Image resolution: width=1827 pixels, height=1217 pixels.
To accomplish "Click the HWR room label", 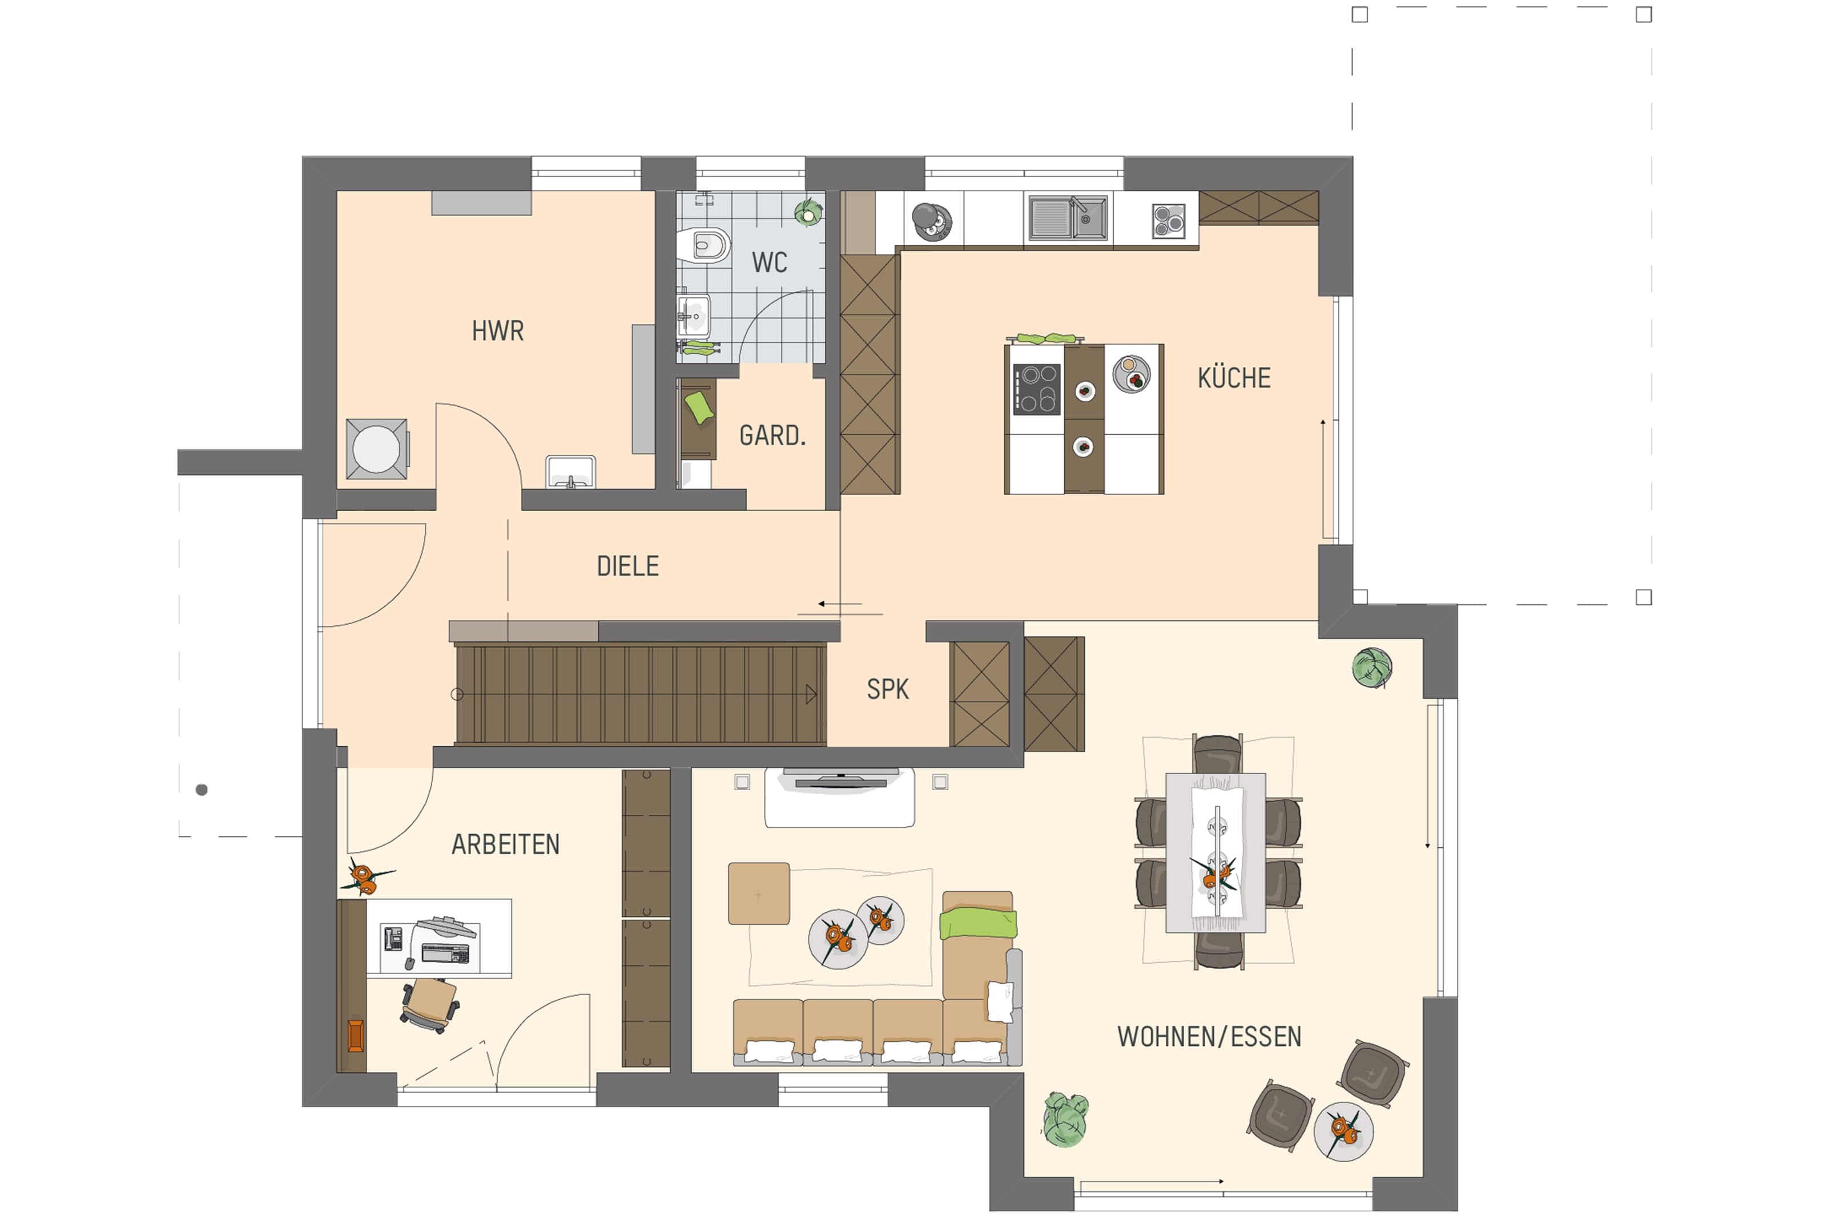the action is pyautogui.click(x=498, y=331).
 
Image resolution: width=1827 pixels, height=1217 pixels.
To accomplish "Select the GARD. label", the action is pyautogui.click(x=772, y=436).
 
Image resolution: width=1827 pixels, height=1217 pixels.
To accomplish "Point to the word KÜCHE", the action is pyautogui.click(x=1234, y=378).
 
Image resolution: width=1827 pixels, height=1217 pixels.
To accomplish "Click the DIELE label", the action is pyautogui.click(x=627, y=567).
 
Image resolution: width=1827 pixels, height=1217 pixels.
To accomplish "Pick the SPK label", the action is pyautogui.click(x=887, y=689).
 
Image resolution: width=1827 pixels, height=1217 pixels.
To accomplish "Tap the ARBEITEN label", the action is pyautogui.click(x=505, y=844).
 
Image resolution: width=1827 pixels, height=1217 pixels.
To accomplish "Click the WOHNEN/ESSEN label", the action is pyautogui.click(x=1209, y=1037).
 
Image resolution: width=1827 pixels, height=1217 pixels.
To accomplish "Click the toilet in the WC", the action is pyautogui.click(x=703, y=245).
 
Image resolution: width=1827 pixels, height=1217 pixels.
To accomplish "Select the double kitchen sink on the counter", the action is pyautogui.click(x=1068, y=217).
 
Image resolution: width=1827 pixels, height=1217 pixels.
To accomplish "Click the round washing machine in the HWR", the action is pyautogui.click(x=377, y=448).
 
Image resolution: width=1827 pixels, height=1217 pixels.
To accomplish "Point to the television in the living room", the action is pyautogui.click(x=840, y=778).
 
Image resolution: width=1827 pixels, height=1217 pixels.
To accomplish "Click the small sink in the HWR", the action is pyautogui.click(x=571, y=472).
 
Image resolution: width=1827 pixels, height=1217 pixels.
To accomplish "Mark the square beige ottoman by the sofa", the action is pyautogui.click(x=759, y=893).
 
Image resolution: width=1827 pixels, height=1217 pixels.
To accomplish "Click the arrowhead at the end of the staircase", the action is pyautogui.click(x=811, y=694).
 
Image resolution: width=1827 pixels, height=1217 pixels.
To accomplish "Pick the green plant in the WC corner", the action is pyautogui.click(x=808, y=211).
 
